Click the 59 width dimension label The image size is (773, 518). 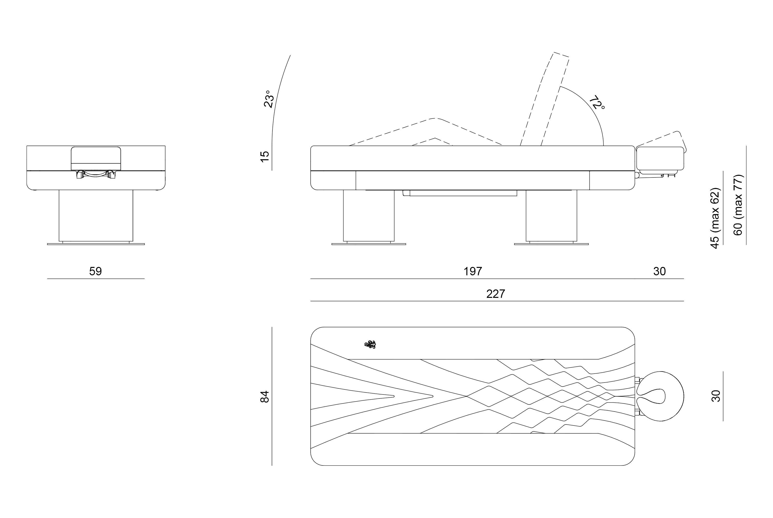pyautogui.click(x=96, y=271)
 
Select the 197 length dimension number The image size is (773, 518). pyautogui.click(x=472, y=271)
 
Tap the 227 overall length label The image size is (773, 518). pyautogui.click(x=495, y=294)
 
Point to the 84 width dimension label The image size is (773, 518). pyautogui.click(x=265, y=396)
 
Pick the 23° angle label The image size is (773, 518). pyautogui.click(x=269, y=99)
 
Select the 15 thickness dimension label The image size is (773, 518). pyautogui.click(x=265, y=156)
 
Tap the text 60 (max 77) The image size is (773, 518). pyautogui.click(x=738, y=205)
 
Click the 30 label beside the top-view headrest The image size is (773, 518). pyautogui.click(x=715, y=396)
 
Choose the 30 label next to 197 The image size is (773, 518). pyautogui.click(x=659, y=271)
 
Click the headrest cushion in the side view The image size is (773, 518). pyautogui.click(x=660, y=158)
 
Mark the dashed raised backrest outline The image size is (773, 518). pyautogui.click(x=544, y=99)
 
